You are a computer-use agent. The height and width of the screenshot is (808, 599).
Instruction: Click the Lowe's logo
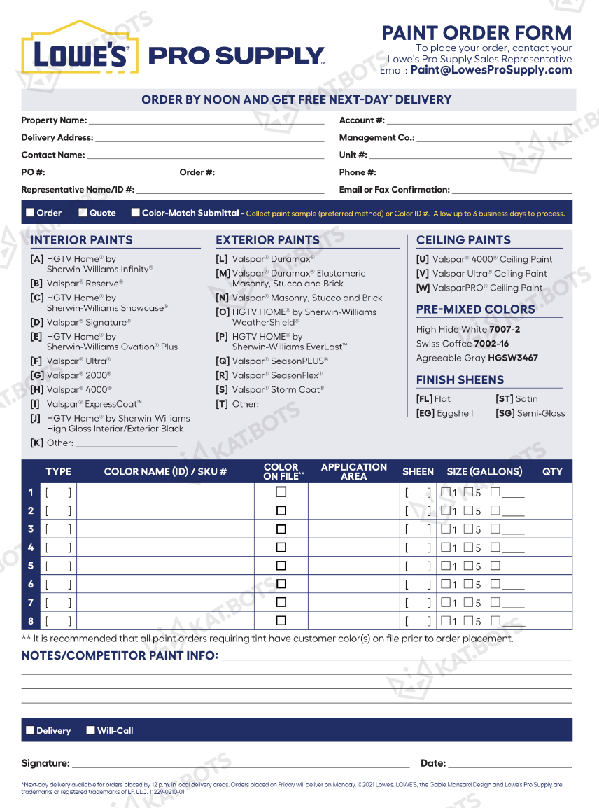pos(76,50)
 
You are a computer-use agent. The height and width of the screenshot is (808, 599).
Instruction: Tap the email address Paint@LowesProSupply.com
pos(491,70)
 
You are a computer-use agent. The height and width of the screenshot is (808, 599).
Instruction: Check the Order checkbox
pos(30,212)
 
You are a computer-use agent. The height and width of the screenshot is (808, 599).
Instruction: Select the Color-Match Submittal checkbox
pos(136,212)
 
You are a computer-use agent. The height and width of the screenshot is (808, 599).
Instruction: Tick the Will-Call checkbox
pos(90,730)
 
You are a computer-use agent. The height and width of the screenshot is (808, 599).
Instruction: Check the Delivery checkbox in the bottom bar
pos(30,730)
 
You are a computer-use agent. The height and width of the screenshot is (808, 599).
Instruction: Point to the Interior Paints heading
pos(82,240)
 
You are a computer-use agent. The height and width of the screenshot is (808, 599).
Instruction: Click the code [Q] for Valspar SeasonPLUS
pos(223,361)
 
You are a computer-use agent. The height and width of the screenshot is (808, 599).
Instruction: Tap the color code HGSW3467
pos(513,358)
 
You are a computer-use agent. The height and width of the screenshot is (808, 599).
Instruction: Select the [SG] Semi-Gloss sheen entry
pos(530,413)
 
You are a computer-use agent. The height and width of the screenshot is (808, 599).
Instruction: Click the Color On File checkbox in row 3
pos(281,529)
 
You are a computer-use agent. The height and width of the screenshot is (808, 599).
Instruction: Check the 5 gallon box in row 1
pos(468,492)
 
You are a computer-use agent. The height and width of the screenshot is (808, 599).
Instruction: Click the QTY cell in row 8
pos(552,620)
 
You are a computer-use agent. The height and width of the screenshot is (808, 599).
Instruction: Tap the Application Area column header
pos(353,471)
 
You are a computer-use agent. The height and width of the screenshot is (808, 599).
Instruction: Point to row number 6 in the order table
pos(31,584)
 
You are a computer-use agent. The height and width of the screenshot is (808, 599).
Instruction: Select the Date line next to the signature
pos(509,763)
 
